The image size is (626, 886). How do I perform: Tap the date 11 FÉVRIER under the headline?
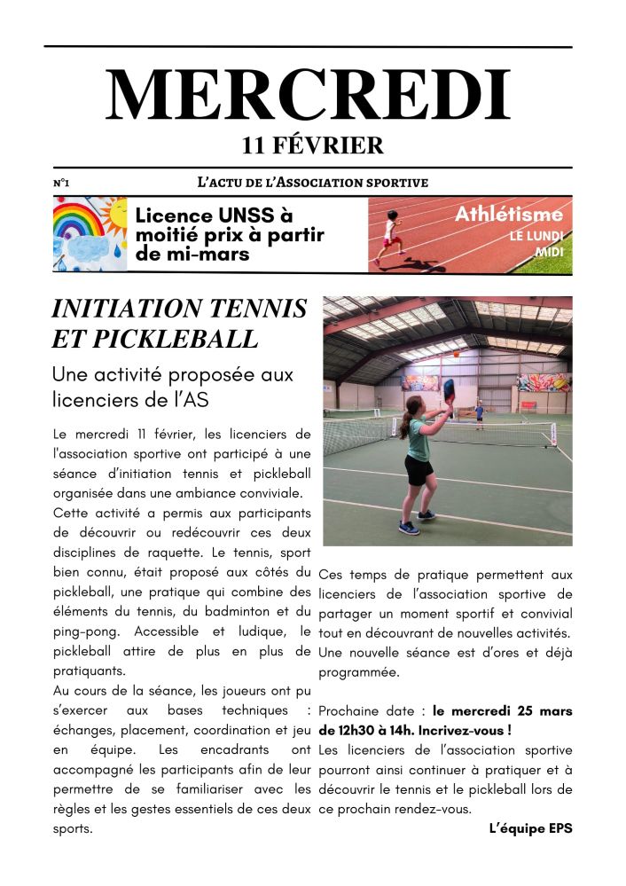tap(312, 145)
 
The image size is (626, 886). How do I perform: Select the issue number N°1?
tap(61, 183)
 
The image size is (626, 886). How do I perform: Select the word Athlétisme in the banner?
tap(508, 214)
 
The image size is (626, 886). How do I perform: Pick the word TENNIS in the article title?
tap(257, 309)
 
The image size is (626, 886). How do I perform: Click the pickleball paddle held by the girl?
tap(448, 389)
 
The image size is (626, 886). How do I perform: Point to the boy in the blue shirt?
tap(480, 413)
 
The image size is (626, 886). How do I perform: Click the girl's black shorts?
tap(418, 470)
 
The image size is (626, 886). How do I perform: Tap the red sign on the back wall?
tap(528, 404)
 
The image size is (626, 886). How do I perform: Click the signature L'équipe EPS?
tap(530, 828)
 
